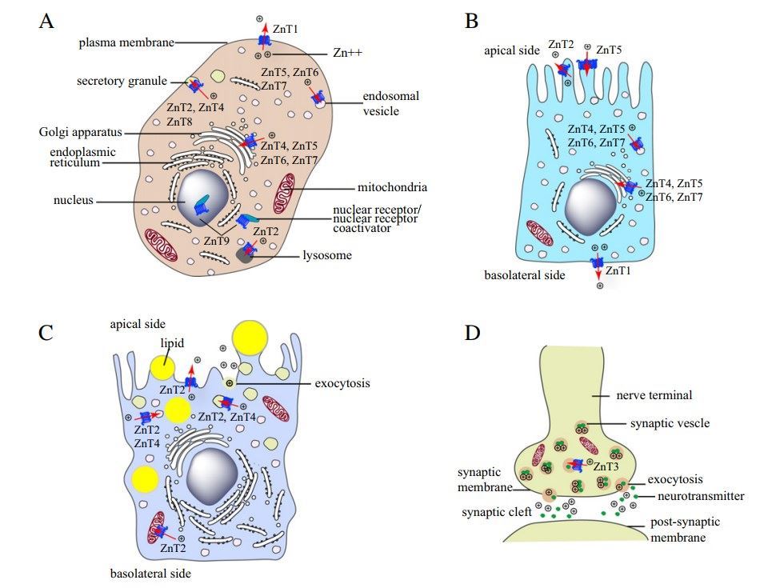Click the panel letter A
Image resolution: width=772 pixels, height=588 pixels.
point(47,22)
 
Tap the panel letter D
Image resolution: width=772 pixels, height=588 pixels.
point(473,331)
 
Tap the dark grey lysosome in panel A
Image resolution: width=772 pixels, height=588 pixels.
point(244,256)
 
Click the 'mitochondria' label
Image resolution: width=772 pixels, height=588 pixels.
point(392,187)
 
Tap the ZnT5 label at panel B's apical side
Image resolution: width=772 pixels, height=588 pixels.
point(614,49)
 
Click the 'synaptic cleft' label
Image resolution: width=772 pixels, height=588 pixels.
point(498,511)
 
